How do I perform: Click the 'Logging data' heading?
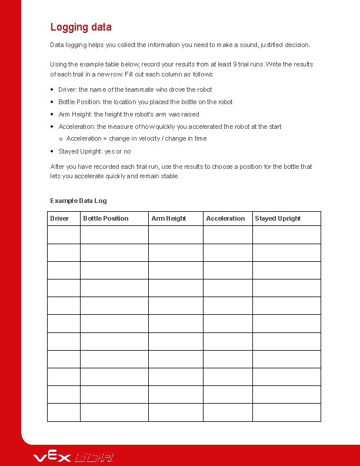tap(81, 27)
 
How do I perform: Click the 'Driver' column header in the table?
tap(59, 218)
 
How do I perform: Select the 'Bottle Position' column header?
tap(106, 218)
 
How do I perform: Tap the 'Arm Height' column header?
tap(169, 218)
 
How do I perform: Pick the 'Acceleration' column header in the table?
tap(225, 218)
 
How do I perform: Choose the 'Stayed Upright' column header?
tap(278, 218)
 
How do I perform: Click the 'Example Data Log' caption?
tap(78, 201)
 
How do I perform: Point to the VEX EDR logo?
tap(74, 457)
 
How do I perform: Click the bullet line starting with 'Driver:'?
tap(135, 89)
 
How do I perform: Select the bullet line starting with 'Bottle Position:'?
tap(145, 102)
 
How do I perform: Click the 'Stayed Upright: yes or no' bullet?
tap(94, 151)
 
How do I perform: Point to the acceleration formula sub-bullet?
tap(136, 138)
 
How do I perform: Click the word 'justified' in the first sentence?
tap(272, 45)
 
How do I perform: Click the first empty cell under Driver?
tap(64, 235)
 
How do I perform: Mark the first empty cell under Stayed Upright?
tap(286, 235)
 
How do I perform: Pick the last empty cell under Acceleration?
tap(228, 412)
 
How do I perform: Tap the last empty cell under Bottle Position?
tap(114, 412)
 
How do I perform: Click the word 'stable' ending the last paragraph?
tap(169, 176)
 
